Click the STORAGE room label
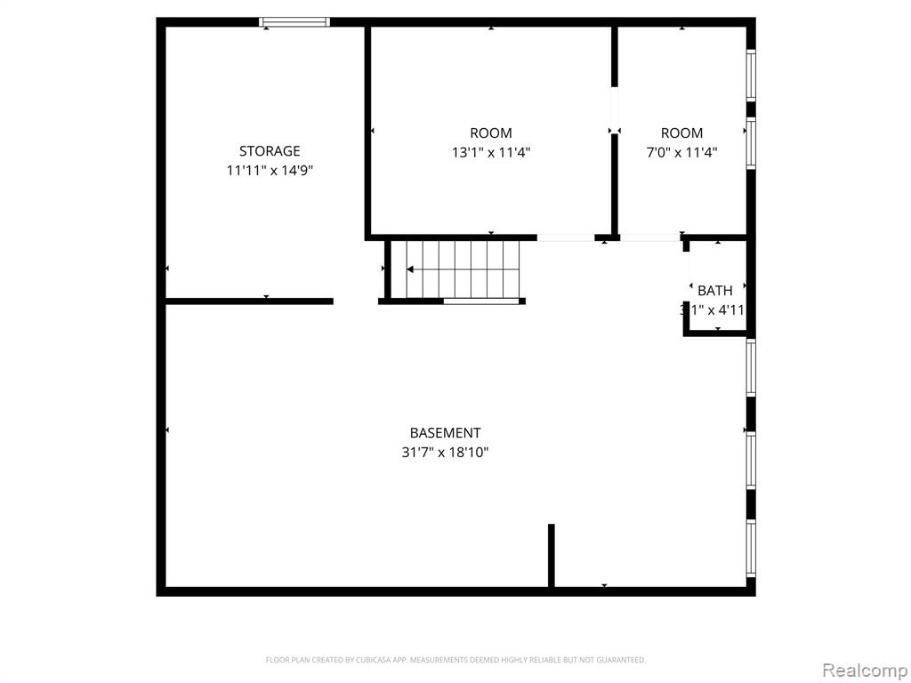click(269, 151)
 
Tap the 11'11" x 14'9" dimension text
click(269, 170)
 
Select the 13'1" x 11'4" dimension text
click(491, 152)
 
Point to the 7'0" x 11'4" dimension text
click(681, 152)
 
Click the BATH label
click(715, 291)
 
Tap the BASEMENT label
click(445, 433)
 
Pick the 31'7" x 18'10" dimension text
click(445, 453)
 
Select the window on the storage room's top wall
click(294, 22)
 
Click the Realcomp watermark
click(864, 669)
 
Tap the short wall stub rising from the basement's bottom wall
click(552, 555)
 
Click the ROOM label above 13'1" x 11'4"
click(491, 133)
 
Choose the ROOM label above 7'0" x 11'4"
click(681, 133)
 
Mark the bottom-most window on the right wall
click(751, 548)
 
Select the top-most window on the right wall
click(751, 76)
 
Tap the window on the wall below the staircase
click(481, 301)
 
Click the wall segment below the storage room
click(249, 301)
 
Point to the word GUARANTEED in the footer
click(621, 660)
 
